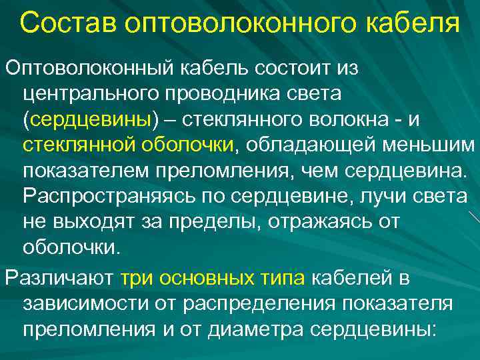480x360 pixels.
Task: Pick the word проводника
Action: [229, 93]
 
